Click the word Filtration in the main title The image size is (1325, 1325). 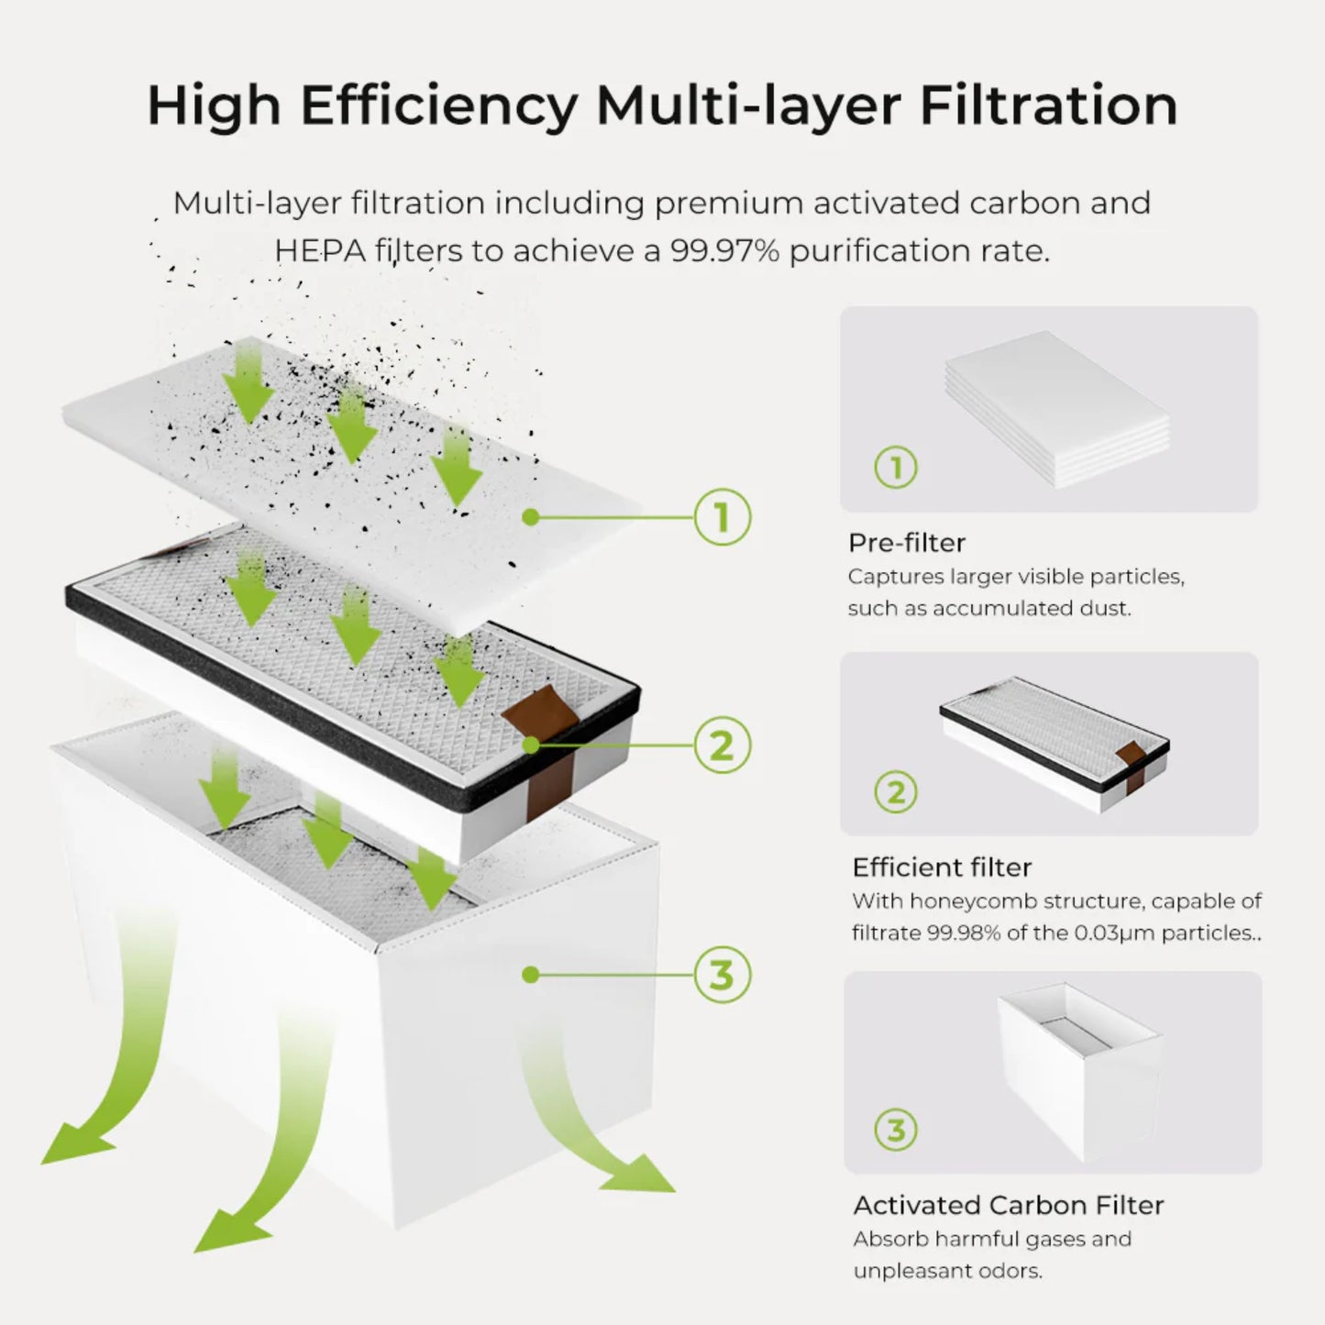(1048, 105)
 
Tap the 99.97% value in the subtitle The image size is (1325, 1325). (724, 250)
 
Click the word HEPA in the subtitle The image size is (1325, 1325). (319, 250)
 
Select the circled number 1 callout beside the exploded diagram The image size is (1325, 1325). (722, 518)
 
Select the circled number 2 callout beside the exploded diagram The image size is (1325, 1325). (722, 745)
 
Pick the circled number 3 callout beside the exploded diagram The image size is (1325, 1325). (722, 975)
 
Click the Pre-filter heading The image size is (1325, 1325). (906, 543)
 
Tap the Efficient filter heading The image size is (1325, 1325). (942, 867)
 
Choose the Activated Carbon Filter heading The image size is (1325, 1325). (1008, 1205)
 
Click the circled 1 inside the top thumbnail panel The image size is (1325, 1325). (896, 469)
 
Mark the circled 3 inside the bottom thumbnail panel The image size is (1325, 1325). (896, 1130)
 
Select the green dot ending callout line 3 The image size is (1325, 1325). (529, 975)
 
